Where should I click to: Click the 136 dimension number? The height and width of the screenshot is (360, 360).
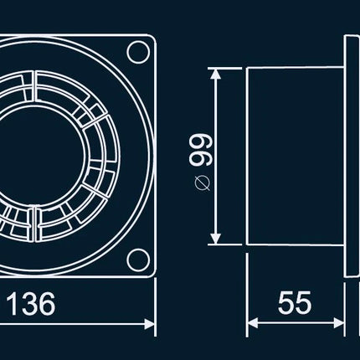click(31, 304)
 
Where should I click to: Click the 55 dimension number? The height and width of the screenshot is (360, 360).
click(295, 302)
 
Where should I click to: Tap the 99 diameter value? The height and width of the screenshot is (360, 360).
click(200, 150)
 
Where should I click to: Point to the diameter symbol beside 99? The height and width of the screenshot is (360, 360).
click(202, 183)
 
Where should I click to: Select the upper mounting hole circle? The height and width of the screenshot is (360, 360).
click(138, 52)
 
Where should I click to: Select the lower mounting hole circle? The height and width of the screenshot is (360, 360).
click(138, 260)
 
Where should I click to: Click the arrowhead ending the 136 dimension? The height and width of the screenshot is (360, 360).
click(149, 324)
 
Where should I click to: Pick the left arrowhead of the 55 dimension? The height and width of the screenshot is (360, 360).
click(253, 323)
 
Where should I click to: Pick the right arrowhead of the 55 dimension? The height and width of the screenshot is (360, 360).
click(339, 323)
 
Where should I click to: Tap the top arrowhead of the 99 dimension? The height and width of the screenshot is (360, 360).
click(214, 74)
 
